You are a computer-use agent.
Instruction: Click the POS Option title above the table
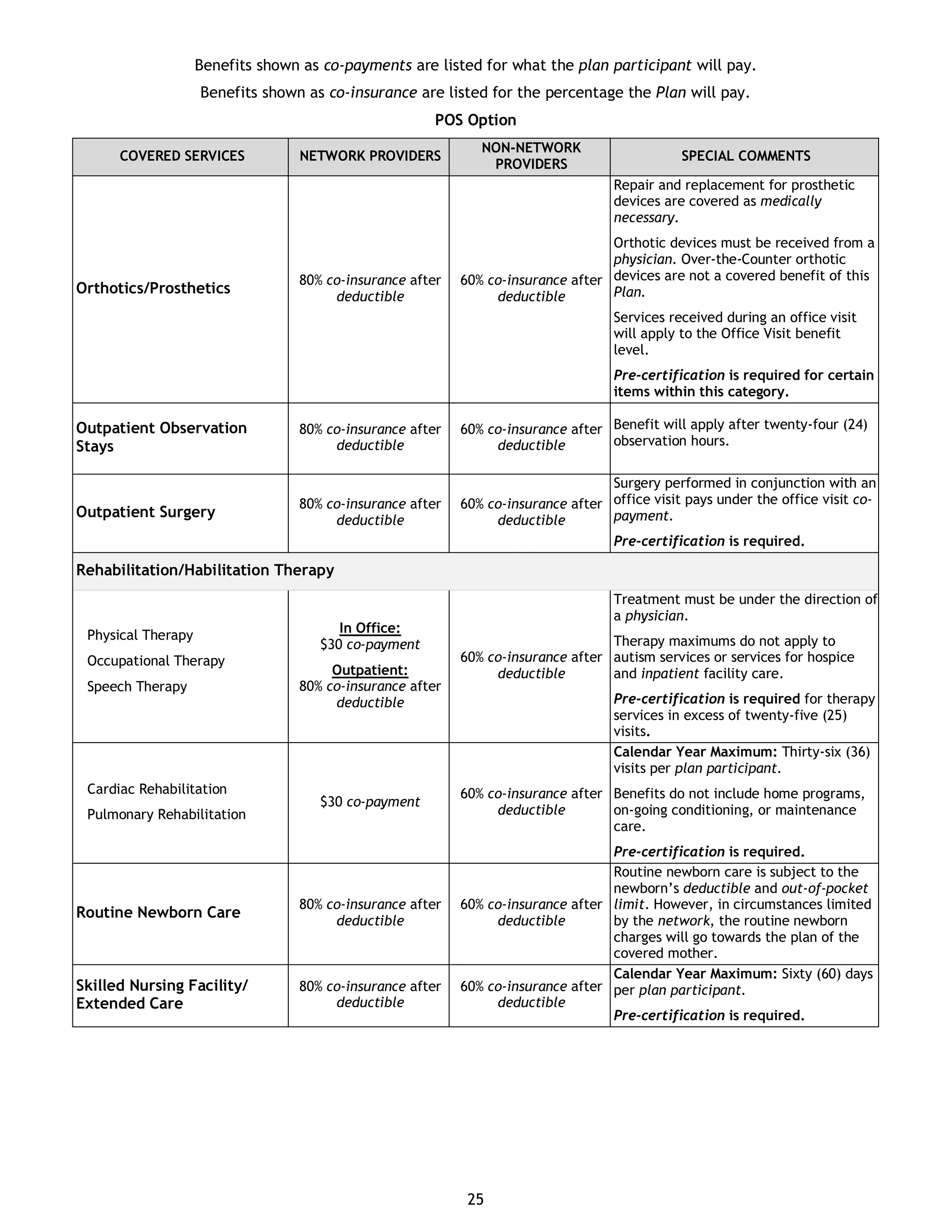475,120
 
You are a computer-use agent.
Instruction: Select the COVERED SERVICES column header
182,156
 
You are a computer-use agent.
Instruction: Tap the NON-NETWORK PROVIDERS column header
531,156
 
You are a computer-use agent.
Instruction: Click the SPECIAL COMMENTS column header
745,156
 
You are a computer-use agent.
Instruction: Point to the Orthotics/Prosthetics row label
153,288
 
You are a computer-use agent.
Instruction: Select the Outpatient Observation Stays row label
161,437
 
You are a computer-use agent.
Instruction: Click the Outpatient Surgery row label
145,512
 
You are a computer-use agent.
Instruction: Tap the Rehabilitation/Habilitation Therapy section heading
205,570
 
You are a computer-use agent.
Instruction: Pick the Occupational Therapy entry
156,660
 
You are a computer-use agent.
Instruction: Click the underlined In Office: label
370,628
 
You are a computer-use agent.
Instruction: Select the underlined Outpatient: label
370,670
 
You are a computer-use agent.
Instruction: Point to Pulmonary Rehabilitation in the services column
166,815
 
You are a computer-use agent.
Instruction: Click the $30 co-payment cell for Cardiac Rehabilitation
370,802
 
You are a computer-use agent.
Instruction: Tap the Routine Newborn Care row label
158,913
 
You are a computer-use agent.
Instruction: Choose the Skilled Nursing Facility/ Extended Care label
161,994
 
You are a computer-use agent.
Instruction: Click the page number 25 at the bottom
475,1199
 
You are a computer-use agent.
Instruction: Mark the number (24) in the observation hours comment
855,425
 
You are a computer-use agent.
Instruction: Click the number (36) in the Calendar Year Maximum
858,752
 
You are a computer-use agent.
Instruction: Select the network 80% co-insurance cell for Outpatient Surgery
370,512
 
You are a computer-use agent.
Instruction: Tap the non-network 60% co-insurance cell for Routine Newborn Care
531,913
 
